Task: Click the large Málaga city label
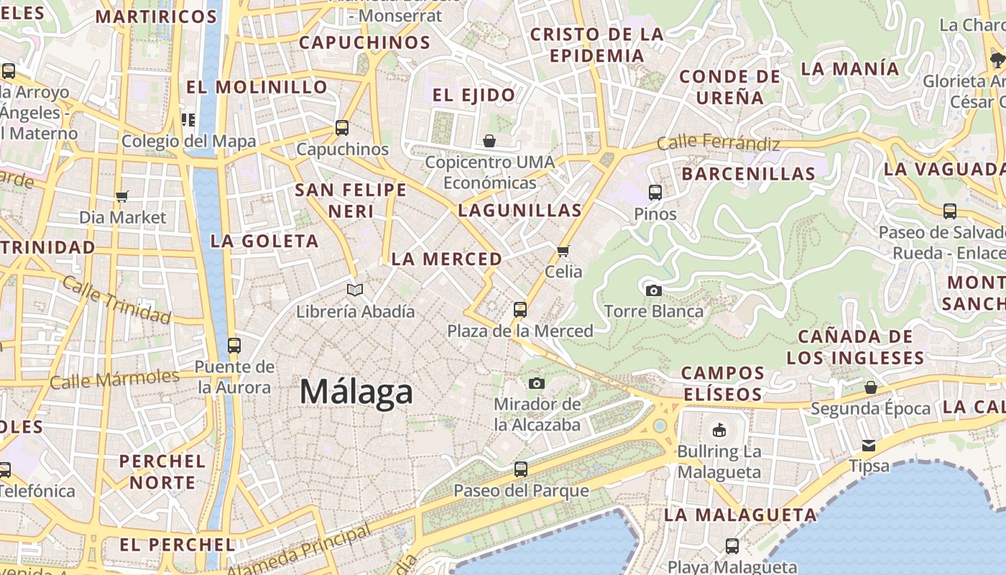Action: [356, 392]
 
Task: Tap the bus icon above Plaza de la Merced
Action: [520, 310]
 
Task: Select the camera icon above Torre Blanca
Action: [653, 290]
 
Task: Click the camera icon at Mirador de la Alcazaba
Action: [537, 383]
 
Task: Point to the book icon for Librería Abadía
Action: [355, 290]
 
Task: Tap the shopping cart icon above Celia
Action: [563, 251]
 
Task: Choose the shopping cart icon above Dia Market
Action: [122, 196]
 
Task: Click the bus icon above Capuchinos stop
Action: [342, 128]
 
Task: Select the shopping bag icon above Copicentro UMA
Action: [489, 140]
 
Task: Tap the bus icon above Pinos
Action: [655, 192]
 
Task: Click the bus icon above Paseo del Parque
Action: [521, 469]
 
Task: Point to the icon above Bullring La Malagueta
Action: [719, 431]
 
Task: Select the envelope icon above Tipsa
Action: [869, 445]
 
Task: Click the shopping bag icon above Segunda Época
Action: [870, 387]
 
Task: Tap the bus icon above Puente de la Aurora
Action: [234, 345]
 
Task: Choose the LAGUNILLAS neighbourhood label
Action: [520, 211]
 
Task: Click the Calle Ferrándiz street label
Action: [718, 143]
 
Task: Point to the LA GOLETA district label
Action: [264, 241]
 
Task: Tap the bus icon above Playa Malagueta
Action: [732, 546]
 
